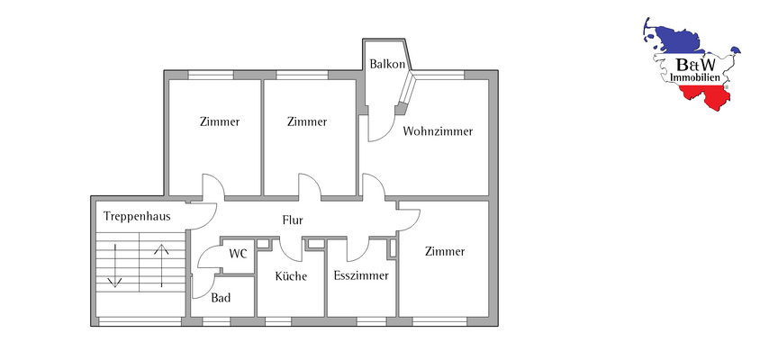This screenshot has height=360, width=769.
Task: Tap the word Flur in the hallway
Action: click(292, 220)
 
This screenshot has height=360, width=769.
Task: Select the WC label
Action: click(238, 254)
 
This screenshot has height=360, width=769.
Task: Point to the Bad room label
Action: click(221, 298)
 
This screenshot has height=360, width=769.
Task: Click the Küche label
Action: click(291, 276)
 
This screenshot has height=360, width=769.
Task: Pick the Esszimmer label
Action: click(360, 275)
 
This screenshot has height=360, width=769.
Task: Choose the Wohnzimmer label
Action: click(438, 131)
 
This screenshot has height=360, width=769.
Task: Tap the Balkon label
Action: click(385, 64)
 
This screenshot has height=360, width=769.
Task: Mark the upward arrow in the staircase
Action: click(163, 263)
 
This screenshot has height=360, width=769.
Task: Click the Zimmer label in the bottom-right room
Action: click(445, 252)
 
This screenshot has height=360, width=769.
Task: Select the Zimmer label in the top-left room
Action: click(220, 122)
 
